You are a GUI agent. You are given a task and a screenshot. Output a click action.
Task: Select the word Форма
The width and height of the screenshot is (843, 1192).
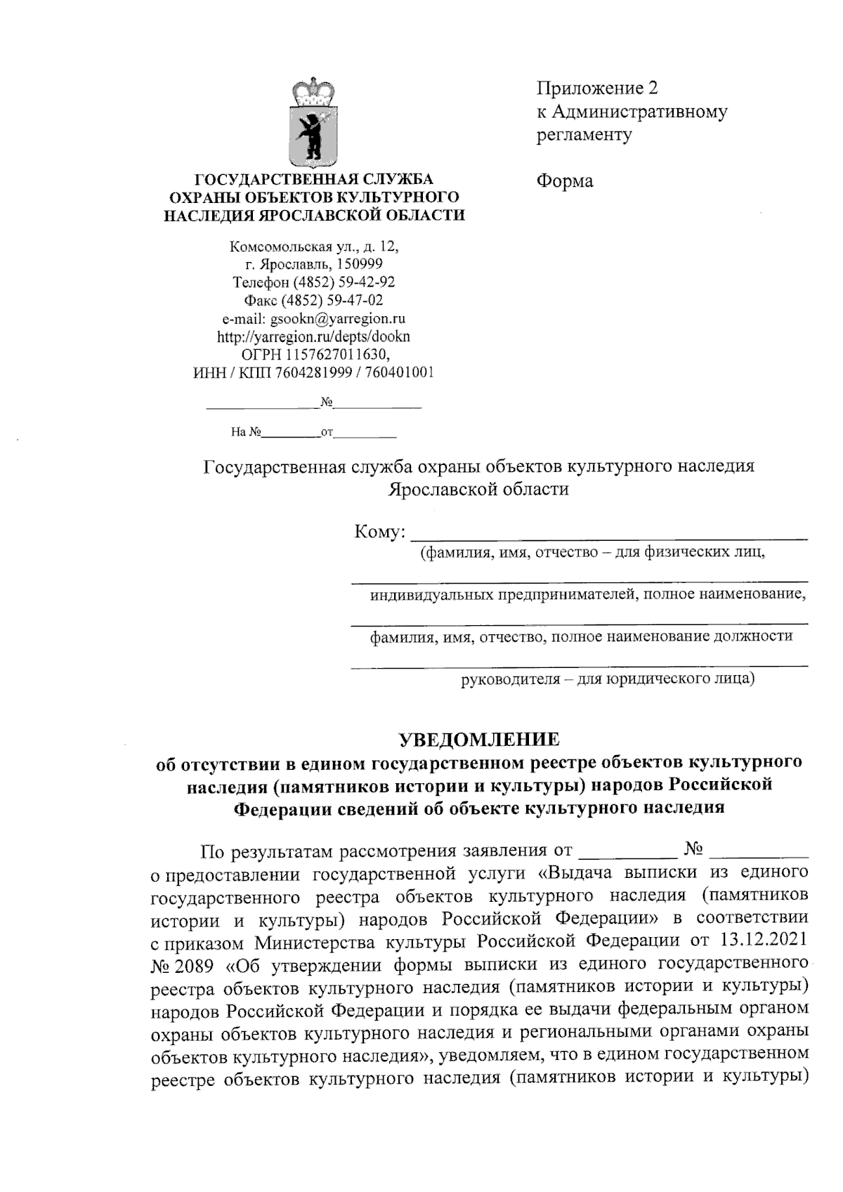click(565, 181)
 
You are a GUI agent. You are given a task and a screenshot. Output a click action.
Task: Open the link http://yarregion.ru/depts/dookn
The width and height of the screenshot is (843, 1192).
click(313, 336)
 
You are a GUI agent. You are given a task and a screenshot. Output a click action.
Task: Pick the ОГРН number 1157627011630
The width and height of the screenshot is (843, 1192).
click(332, 355)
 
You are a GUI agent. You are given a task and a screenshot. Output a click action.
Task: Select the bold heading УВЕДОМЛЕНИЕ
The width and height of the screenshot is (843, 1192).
click(479, 740)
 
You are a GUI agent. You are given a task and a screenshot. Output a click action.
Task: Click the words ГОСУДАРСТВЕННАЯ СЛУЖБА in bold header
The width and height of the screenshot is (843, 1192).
click(313, 179)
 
